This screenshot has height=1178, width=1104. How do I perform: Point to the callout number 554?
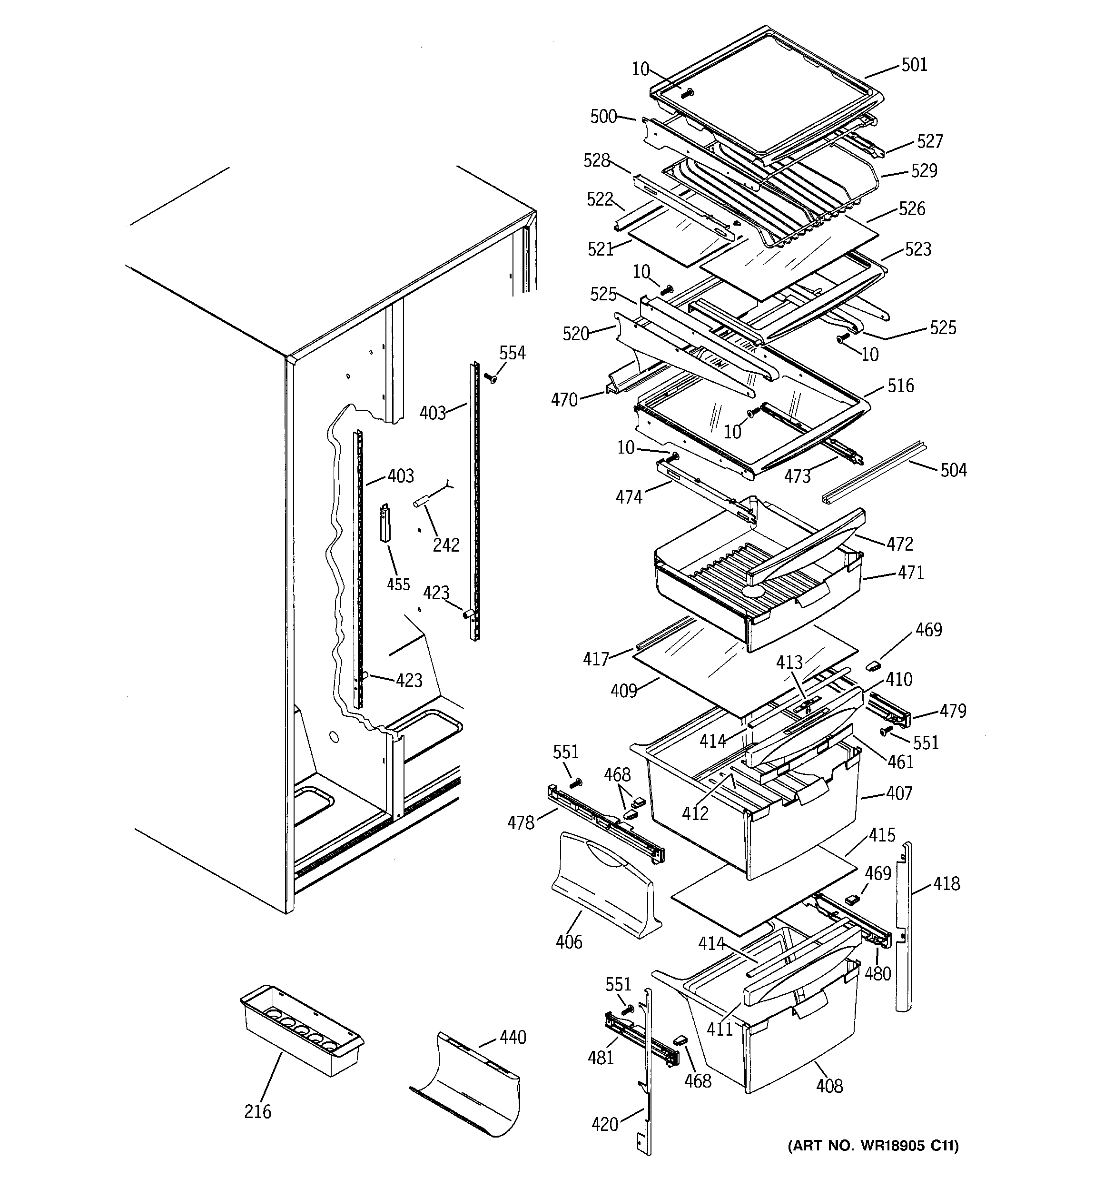(512, 353)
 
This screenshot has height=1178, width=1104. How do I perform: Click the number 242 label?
(445, 544)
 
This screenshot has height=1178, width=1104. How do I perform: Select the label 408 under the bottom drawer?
(829, 1086)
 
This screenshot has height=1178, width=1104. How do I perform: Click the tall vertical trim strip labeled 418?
(904, 924)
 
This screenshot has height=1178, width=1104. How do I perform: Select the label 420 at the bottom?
(605, 1124)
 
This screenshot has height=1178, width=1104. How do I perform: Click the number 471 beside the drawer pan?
(910, 573)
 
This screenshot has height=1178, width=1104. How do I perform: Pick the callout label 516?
(900, 386)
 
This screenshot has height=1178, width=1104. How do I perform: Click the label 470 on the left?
(564, 400)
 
